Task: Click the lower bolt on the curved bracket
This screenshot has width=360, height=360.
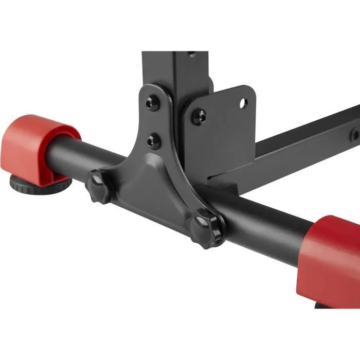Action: click(153, 140)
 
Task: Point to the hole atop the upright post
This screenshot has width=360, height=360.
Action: click(191, 53)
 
